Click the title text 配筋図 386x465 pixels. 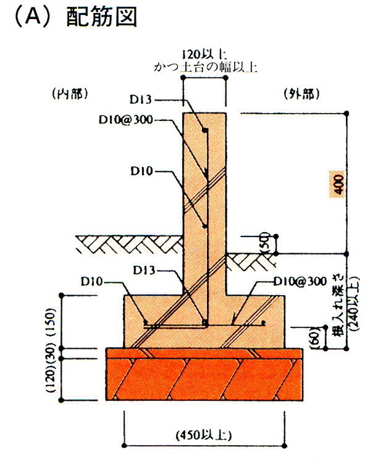tap(101, 17)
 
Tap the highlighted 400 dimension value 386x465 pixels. tap(338, 184)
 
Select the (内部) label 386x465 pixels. tap(70, 94)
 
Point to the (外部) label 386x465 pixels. tap(302, 94)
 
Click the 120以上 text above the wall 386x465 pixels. tap(204, 54)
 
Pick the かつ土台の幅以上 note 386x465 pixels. tap(205, 67)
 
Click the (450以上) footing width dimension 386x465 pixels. tap(204, 435)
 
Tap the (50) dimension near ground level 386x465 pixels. tap(265, 243)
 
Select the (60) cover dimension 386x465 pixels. tap(316, 338)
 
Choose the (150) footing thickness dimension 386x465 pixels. tap(50, 322)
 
